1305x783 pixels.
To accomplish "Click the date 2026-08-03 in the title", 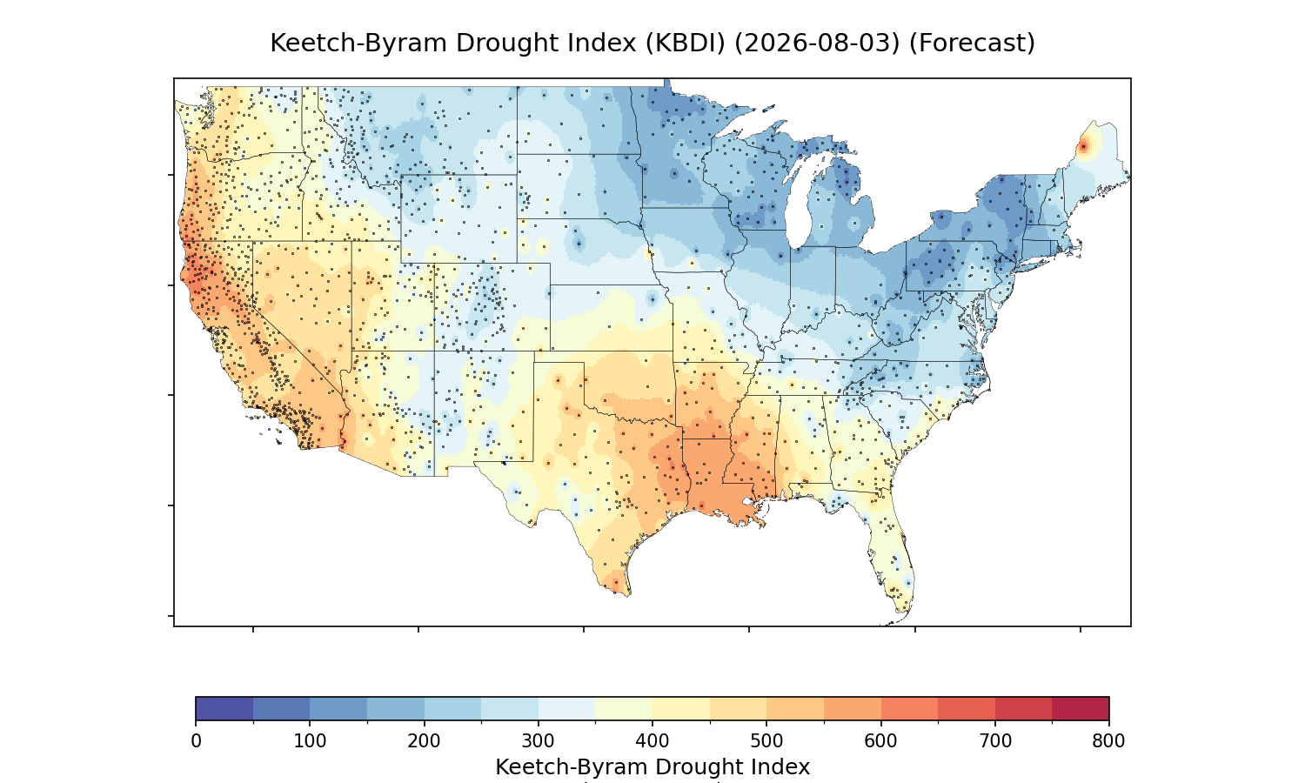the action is pyautogui.click(x=817, y=43).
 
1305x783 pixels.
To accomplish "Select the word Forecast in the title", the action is pyautogui.click(x=972, y=43).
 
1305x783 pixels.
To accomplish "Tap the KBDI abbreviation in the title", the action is pyautogui.click(x=686, y=43).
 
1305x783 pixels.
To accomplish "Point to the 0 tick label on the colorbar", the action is pyautogui.click(x=196, y=741).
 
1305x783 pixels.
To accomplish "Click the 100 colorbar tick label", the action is pyautogui.click(x=310, y=741).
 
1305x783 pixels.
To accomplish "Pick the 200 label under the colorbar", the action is pyautogui.click(x=425, y=741).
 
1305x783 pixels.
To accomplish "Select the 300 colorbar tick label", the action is pyautogui.click(x=539, y=741).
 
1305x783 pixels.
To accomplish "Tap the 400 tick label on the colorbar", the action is pyautogui.click(x=652, y=741).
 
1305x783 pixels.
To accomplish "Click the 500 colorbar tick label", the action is pyautogui.click(x=766, y=741).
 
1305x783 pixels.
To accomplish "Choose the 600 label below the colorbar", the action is pyautogui.click(x=880, y=741).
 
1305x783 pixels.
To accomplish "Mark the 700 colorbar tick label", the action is pyautogui.click(x=995, y=741).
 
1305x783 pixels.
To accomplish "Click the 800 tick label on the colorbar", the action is pyautogui.click(x=1108, y=741).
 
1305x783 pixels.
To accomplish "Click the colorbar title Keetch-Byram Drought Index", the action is pyautogui.click(x=652, y=767).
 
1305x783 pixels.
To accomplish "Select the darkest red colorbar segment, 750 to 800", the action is pyautogui.click(x=1081, y=708).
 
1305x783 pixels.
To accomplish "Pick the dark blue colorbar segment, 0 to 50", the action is pyautogui.click(x=224, y=708).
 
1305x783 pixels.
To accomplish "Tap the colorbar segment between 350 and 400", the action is pyautogui.click(x=624, y=708).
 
